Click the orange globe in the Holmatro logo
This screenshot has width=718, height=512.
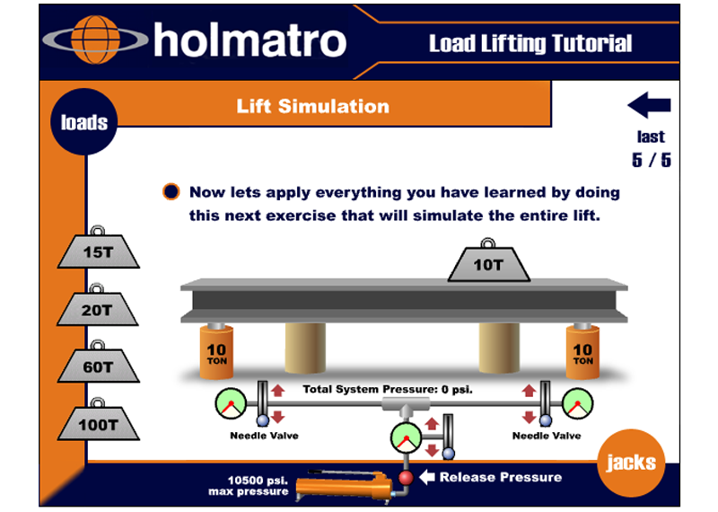96,40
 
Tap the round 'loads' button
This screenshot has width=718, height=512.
84,122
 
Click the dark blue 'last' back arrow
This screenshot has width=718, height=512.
649,105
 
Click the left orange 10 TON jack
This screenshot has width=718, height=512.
216,351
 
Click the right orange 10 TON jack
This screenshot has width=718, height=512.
582,351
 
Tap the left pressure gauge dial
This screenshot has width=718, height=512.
231,404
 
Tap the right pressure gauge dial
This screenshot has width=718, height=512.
577,404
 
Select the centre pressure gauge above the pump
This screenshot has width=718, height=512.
406,438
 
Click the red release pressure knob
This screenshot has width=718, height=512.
406,478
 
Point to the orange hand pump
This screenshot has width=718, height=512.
345,487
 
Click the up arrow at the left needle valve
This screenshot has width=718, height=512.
277,391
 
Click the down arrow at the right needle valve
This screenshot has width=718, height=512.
529,417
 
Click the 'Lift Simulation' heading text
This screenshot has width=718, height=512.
312,106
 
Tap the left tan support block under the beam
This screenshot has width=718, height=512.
305,348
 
